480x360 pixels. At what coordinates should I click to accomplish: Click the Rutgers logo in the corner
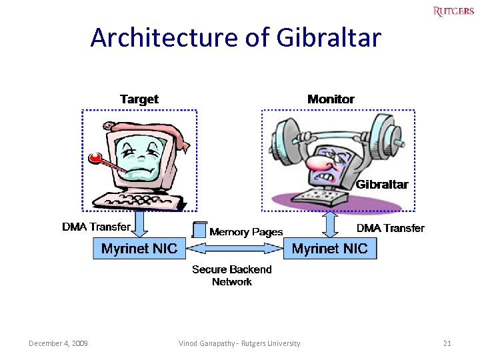[453, 11]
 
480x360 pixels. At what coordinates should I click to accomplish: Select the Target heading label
[139, 99]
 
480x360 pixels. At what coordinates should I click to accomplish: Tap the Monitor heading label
[331, 99]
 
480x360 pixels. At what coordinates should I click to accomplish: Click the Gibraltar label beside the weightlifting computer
[382, 185]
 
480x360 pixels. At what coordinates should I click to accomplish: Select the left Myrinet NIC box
[139, 249]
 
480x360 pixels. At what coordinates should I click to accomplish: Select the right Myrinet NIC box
[330, 249]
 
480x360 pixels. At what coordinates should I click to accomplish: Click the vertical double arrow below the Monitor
[331, 224]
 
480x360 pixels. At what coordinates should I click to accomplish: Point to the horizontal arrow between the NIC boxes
[235, 249]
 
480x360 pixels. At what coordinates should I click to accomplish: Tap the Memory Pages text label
[246, 232]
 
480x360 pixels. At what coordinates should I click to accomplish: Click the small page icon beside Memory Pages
[199, 230]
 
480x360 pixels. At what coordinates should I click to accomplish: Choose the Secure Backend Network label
[232, 275]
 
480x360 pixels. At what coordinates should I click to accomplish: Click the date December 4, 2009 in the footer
[59, 343]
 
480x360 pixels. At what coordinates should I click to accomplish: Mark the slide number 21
[447, 343]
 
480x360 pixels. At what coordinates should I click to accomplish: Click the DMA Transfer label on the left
[96, 227]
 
